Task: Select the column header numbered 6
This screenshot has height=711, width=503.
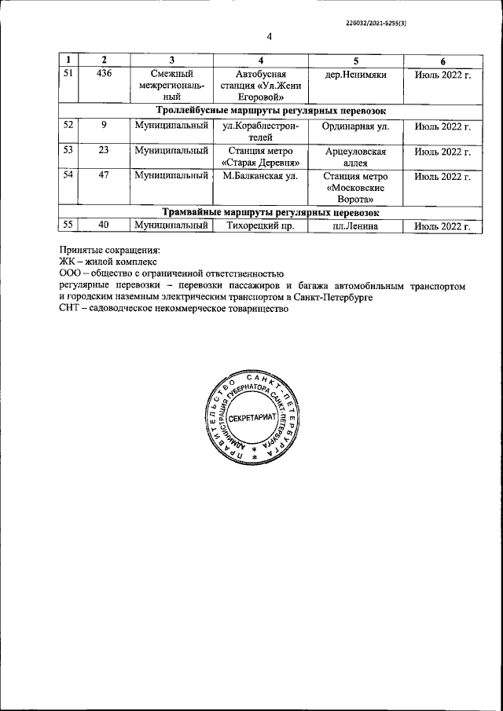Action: pyautogui.click(x=442, y=60)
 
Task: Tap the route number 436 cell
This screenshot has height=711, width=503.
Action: pyautogui.click(x=104, y=74)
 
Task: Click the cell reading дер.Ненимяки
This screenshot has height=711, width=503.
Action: pyautogui.click(x=355, y=74)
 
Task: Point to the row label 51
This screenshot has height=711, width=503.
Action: pyautogui.click(x=68, y=74)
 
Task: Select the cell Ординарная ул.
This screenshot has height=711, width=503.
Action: pyautogui.click(x=356, y=126)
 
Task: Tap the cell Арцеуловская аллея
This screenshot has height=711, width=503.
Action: pyautogui.click(x=356, y=156)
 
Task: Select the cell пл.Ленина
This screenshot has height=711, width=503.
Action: pyautogui.click(x=356, y=226)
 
